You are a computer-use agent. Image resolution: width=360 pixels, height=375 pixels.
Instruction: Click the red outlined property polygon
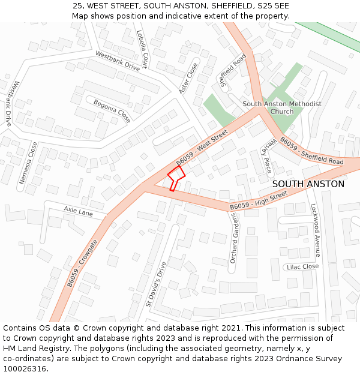(x=176, y=177)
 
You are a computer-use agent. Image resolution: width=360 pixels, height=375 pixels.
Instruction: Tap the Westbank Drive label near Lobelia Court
(x=118, y=61)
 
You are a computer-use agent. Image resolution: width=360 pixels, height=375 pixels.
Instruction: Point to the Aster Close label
(x=188, y=79)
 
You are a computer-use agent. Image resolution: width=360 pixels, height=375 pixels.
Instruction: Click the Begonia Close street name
(x=112, y=108)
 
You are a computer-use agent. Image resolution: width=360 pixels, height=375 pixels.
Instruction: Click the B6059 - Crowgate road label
(x=82, y=263)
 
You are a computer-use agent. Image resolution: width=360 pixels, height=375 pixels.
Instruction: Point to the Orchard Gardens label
(x=234, y=239)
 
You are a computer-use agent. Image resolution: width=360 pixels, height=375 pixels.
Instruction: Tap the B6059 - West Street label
(x=202, y=148)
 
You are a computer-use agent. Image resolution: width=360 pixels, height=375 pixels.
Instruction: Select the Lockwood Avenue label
(x=315, y=230)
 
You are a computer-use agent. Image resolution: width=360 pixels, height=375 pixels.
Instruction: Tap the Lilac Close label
(x=302, y=267)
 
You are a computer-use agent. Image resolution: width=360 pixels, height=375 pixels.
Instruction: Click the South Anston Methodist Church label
(x=282, y=107)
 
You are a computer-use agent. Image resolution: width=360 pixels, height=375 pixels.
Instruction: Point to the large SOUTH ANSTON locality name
(x=308, y=184)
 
